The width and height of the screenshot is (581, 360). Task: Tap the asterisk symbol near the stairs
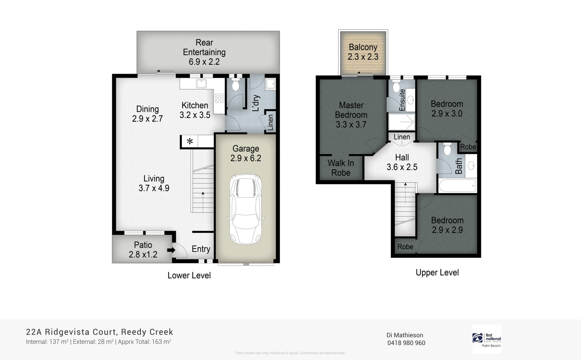point(190,141)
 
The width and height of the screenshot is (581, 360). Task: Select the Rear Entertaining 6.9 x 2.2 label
point(204,52)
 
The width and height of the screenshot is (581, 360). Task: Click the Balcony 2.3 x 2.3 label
point(363,52)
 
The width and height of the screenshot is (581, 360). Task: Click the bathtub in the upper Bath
point(457,186)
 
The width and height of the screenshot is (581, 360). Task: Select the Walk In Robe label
point(341,168)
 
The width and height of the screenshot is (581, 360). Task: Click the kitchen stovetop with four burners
point(219,98)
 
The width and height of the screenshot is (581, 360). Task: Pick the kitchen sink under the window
point(201,84)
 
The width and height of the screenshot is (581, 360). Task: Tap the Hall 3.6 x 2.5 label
point(402,162)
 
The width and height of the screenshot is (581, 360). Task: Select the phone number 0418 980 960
point(406,343)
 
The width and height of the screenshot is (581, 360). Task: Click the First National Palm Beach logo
point(487,339)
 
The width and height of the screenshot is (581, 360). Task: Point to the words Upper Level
point(437,272)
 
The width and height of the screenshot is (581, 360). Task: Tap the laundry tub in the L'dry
point(271,84)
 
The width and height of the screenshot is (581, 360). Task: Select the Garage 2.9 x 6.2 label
point(246,153)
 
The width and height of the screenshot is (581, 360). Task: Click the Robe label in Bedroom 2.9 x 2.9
point(405,247)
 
